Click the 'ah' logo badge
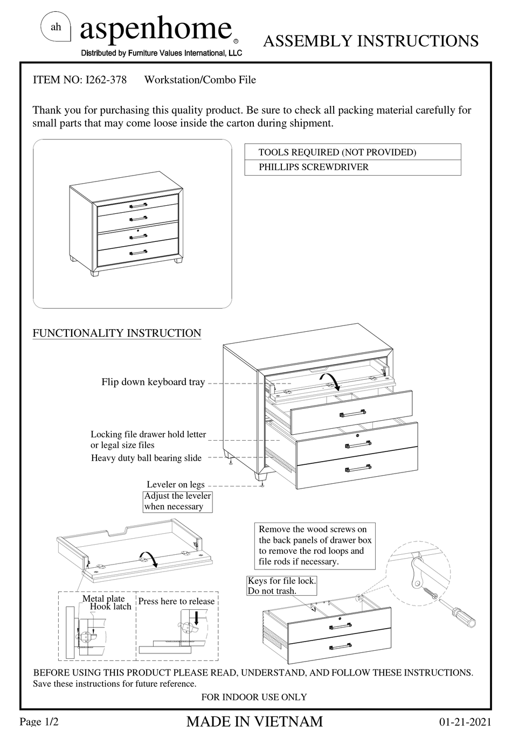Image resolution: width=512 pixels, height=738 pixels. click(56, 27)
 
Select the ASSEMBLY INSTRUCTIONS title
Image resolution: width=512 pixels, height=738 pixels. click(370, 41)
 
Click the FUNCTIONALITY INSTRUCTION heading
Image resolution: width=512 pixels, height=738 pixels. click(117, 333)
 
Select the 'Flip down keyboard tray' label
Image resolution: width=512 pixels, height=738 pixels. click(153, 382)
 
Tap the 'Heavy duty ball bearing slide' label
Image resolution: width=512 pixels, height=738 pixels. click(146, 458)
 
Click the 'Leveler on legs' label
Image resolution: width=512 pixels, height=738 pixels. click(176, 484)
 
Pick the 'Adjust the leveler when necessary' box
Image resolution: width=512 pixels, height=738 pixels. click(177, 501)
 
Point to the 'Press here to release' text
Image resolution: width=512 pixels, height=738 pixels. click(176, 601)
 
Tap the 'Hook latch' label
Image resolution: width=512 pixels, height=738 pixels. click(110, 607)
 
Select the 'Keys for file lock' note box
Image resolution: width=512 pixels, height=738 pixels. click(282, 586)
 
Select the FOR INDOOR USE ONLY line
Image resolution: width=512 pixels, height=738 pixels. click(254, 697)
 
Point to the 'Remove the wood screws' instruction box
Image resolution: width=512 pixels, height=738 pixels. click(315, 545)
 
